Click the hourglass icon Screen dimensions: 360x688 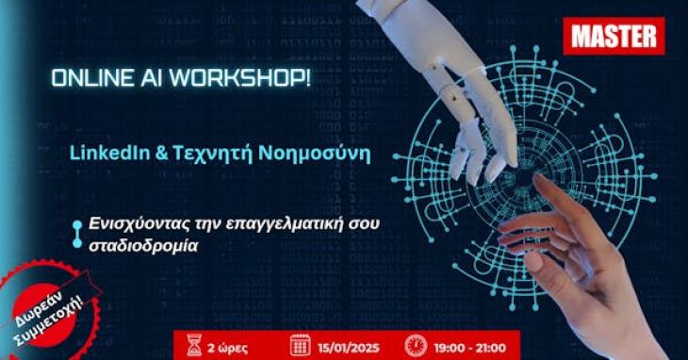(195, 344)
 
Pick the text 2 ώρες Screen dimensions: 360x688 (233, 345)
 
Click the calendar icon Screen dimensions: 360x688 (300, 344)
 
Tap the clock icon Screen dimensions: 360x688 (416, 344)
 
